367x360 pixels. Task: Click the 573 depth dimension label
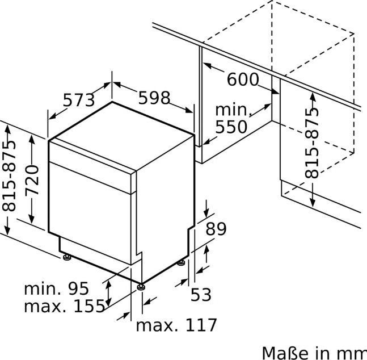(79, 101)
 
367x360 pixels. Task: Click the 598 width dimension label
(154, 98)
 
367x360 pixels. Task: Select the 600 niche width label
(242, 79)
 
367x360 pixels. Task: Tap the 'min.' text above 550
(232, 109)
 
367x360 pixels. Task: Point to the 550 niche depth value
(231, 127)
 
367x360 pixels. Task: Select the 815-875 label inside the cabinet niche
(312, 143)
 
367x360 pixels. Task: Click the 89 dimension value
(215, 229)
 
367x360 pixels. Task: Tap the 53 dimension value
(200, 294)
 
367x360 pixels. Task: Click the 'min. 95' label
(56, 288)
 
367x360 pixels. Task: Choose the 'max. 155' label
(64, 307)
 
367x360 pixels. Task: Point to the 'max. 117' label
(176, 325)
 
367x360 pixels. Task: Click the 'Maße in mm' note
(313, 351)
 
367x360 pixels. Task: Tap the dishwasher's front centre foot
(140, 286)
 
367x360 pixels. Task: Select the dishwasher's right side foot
(181, 263)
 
